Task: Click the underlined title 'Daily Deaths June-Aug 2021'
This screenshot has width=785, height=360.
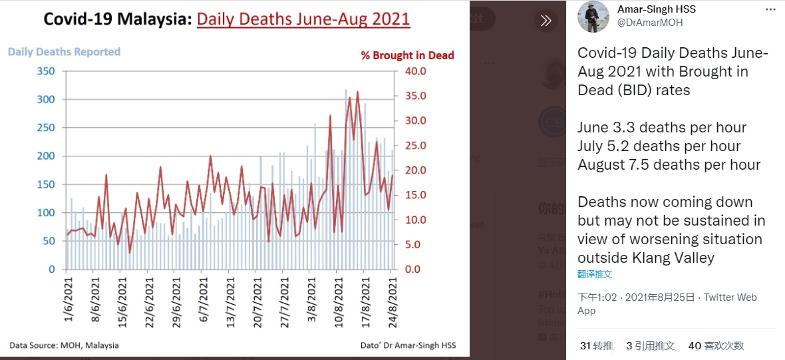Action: (303, 19)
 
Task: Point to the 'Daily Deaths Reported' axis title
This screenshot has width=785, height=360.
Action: (64, 52)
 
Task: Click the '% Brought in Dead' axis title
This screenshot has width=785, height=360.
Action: (408, 56)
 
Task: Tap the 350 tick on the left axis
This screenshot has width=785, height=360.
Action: (46, 71)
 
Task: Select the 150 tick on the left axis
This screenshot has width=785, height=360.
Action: (46, 184)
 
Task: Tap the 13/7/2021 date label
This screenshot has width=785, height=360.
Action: (230, 300)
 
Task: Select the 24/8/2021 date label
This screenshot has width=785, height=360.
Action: (392, 300)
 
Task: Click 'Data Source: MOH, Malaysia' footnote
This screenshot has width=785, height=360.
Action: (64, 345)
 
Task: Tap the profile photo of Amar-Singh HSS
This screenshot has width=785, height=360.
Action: (591, 17)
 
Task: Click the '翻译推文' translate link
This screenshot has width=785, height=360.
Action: (595, 274)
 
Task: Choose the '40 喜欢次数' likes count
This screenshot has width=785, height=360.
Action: (716, 346)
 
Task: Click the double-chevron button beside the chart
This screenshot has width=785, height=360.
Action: (546, 21)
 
